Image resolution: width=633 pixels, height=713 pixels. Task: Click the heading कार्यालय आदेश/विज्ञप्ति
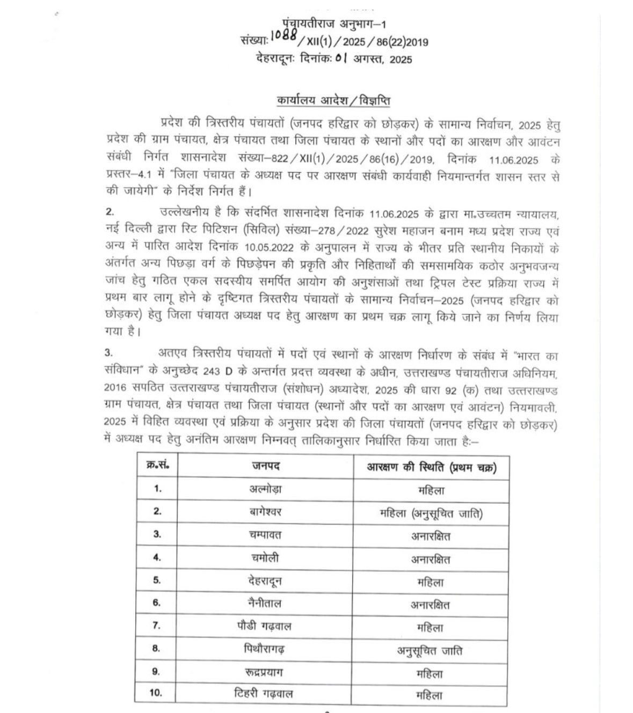(334, 101)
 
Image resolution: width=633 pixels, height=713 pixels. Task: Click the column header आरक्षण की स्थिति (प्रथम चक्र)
(431, 467)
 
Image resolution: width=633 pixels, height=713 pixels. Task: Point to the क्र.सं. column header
(157, 465)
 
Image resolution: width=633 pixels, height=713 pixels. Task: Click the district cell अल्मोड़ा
(265, 489)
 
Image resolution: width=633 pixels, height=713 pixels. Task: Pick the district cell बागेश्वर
(265, 512)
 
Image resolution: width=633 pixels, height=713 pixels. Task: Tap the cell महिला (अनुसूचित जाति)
(431, 513)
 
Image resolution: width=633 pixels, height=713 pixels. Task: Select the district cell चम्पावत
(265, 534)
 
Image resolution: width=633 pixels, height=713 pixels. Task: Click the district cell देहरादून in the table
(265, 580)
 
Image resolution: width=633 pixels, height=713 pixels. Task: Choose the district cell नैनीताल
(265, 603)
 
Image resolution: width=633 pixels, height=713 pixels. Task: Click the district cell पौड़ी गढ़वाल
(265, 626)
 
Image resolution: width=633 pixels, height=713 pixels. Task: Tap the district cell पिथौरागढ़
(265, 649)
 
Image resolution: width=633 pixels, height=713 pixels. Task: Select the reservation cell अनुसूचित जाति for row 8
(430, 651)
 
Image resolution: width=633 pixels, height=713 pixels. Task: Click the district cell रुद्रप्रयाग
(265, 671)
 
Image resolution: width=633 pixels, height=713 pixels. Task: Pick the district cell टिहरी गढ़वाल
(265, 694)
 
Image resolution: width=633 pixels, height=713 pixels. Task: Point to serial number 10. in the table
(156, 693)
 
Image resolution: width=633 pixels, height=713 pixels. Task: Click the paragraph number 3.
(108, 352)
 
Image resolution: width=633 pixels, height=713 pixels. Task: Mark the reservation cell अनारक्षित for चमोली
(431, 560)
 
